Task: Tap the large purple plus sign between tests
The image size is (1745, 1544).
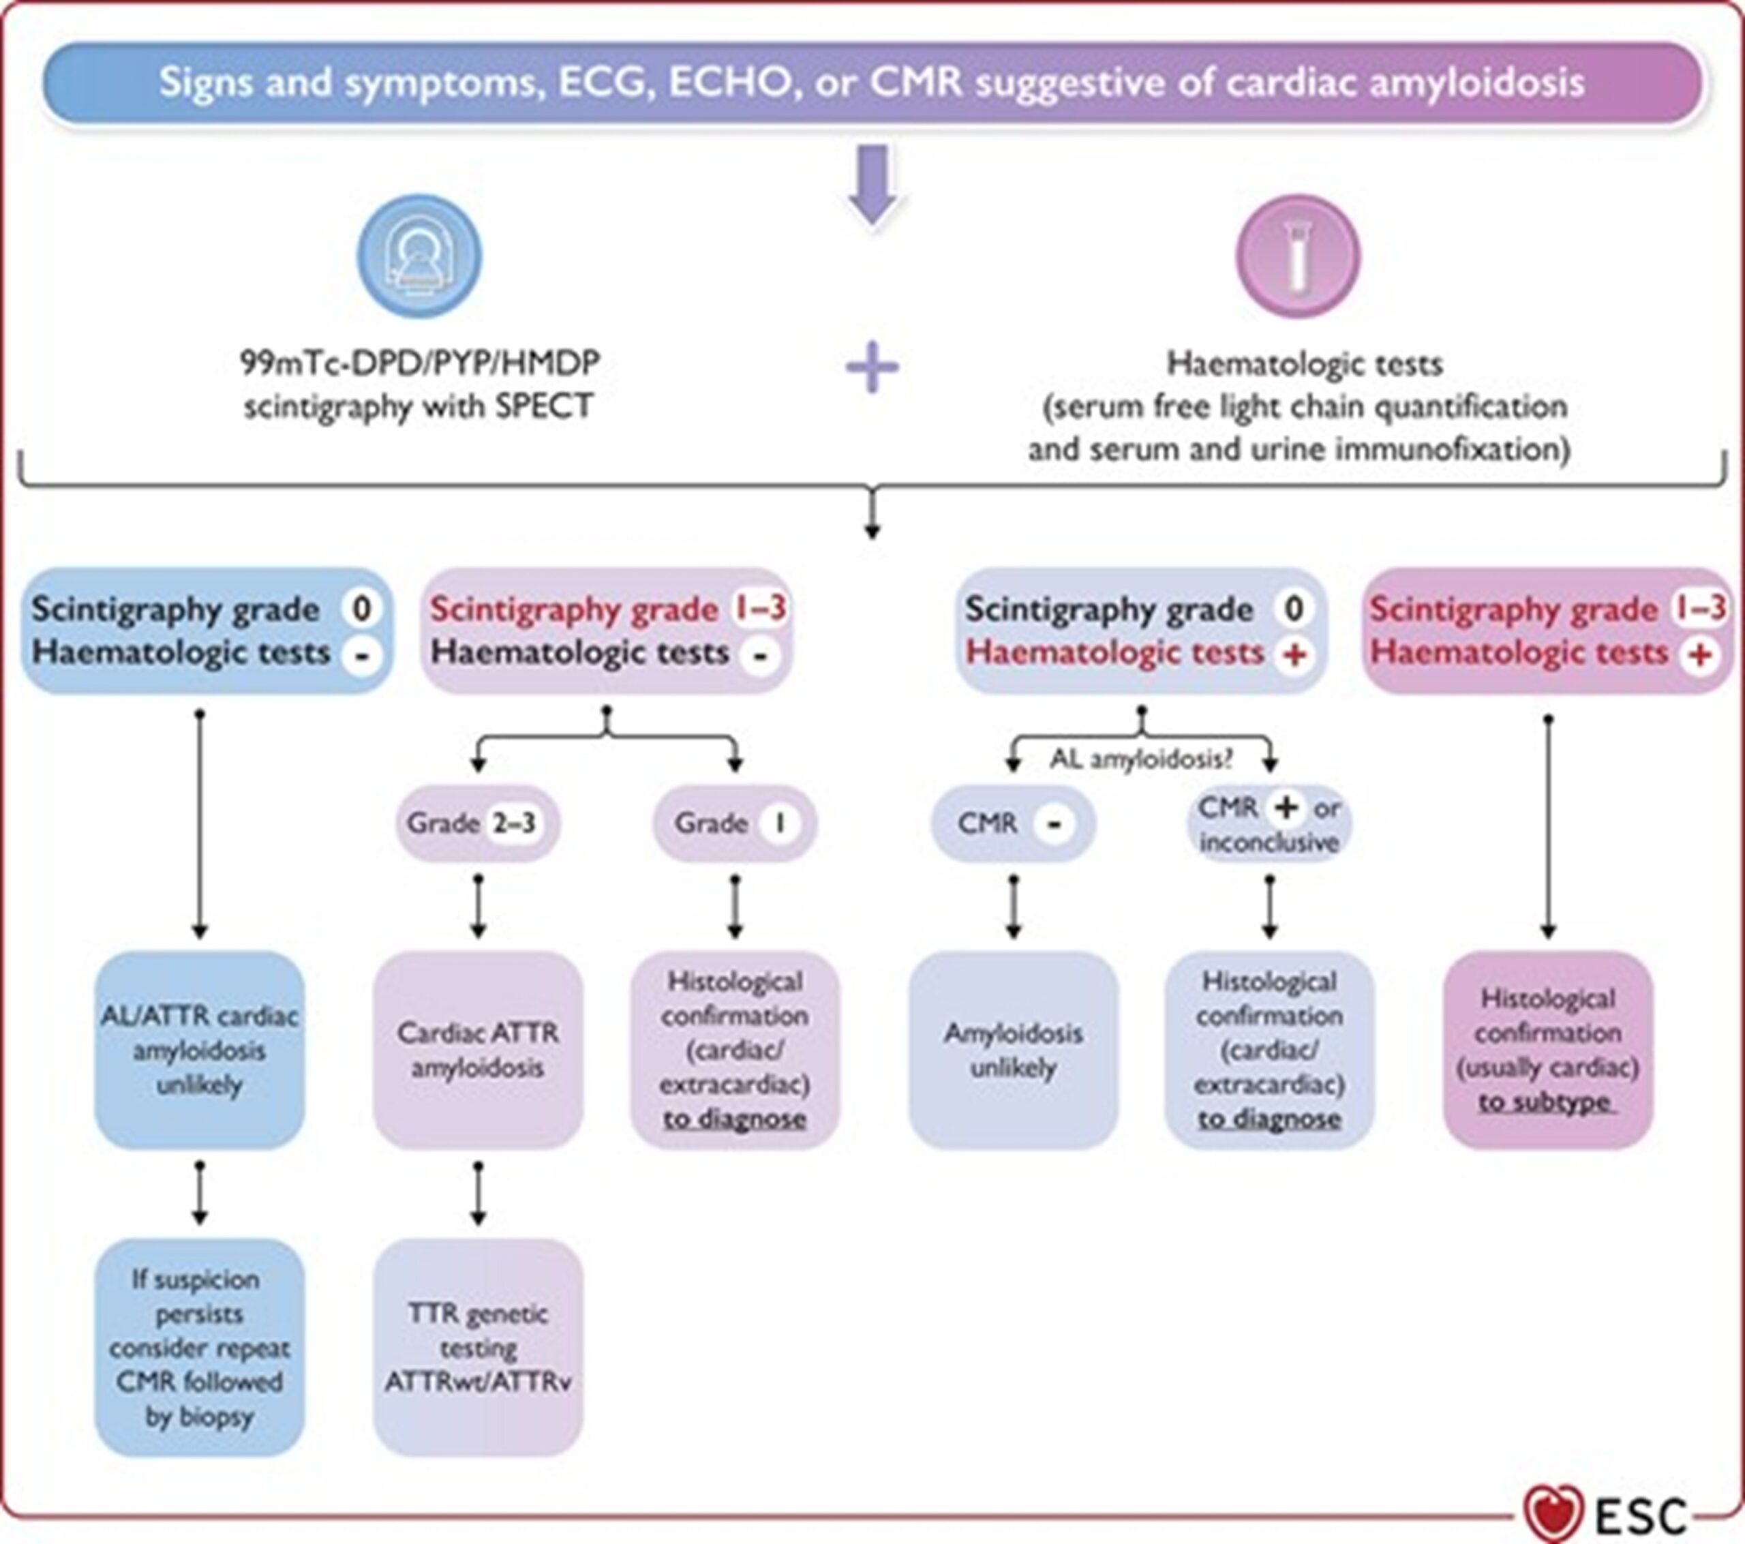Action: (872, 368)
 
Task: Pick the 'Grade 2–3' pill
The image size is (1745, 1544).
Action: (477, 823)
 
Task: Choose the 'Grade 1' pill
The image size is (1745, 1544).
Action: (734, 823)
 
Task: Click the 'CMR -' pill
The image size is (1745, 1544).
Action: (1012, 823)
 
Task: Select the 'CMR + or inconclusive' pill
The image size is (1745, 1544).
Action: (1269, 824)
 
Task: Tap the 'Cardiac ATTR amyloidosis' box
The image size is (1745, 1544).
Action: (477, 1050)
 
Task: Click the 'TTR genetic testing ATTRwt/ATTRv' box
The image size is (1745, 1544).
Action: (477, 1347)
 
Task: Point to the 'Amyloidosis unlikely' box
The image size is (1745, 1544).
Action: (1012, 1050)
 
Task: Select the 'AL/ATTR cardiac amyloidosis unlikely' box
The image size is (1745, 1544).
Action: (199, 1050)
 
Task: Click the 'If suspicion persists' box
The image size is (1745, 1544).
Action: (199, 1347)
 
